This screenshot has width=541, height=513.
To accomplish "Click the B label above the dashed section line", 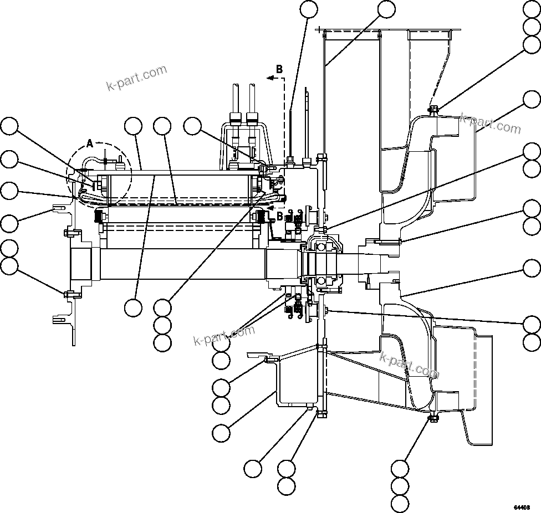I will [x=279, y=69].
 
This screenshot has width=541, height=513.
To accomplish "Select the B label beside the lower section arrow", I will [x=280, y=216].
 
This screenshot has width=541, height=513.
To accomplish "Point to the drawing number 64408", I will [x=522, y=507].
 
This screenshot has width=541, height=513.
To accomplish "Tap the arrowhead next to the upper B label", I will [x=270, y=79].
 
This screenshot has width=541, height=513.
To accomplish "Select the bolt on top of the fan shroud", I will [x=433, y=110].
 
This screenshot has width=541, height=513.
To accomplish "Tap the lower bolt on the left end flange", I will [x=67, y=293].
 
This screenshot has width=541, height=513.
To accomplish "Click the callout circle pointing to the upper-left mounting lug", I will [x=9, y=223].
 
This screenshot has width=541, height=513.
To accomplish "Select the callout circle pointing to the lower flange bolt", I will [x=9, y=266].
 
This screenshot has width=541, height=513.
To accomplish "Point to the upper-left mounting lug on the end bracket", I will [x=59, y=209].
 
